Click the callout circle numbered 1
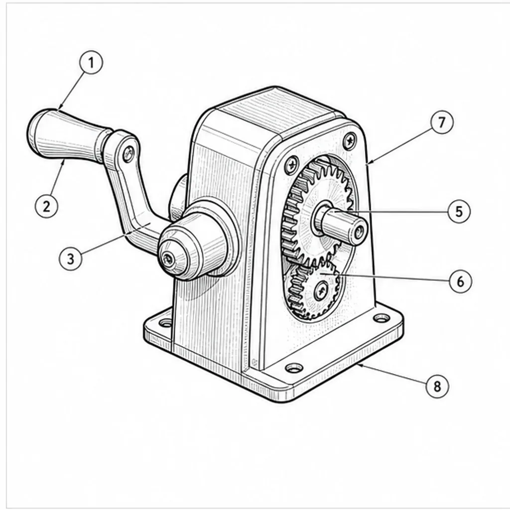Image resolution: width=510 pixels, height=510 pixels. (x=91, y=62)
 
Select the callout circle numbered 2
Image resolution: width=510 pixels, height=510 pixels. (x=46, y=206)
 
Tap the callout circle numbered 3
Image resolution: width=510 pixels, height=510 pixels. (x=71, y=258)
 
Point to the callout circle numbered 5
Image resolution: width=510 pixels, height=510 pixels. (x=459, y=211)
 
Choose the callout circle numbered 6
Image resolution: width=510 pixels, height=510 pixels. (x=461, y=281)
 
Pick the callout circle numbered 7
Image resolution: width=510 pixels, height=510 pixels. (x=442, y=123)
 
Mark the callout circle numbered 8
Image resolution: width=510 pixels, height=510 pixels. (x=437, y=386)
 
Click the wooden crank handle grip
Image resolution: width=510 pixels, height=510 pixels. (x=69, y=135)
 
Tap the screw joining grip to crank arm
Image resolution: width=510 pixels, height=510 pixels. (x=128, y=154)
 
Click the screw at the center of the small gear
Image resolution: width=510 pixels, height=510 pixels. (x=321, y=290)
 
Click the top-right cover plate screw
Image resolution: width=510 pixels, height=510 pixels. (x=350, y=140)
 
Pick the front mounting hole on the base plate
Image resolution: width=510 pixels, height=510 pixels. (x=294, y=368)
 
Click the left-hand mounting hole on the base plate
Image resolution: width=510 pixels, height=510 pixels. (x=166, y=323)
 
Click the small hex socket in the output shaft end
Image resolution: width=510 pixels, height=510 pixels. (x=360, y=233)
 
